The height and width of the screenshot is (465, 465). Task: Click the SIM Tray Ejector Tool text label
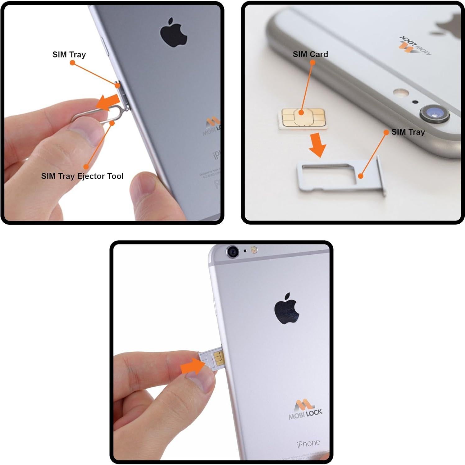[82, 176]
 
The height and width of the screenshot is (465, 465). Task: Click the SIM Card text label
[310, 54]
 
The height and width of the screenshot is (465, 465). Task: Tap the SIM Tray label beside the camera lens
[408, 132]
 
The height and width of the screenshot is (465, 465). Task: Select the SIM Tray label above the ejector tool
[69, 55]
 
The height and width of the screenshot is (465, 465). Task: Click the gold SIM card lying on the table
[303, 118]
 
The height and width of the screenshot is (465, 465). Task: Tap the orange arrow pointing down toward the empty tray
[317, 145]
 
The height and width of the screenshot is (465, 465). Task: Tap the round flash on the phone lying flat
[400, 92]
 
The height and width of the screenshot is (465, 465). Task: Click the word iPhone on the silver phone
[308, 443]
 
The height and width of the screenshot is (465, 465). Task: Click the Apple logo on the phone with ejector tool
[174, 33]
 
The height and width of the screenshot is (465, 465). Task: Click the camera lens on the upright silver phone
[233, 252]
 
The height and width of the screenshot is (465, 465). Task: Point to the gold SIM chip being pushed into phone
[219, 358]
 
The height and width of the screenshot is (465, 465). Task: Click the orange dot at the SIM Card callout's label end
[312, 62]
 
